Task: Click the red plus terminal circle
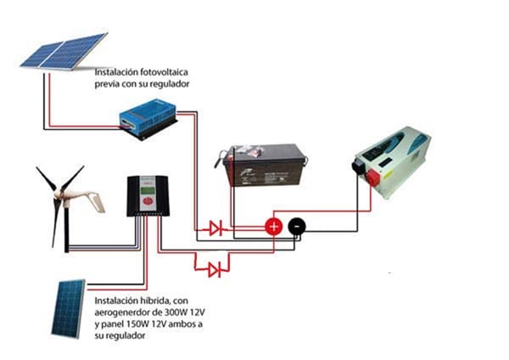(273, 226)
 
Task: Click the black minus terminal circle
(295, 226)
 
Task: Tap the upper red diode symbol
(215, 227)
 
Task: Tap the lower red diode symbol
(215, 269)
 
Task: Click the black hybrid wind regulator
(147, 195)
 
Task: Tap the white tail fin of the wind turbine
(96, 204)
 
